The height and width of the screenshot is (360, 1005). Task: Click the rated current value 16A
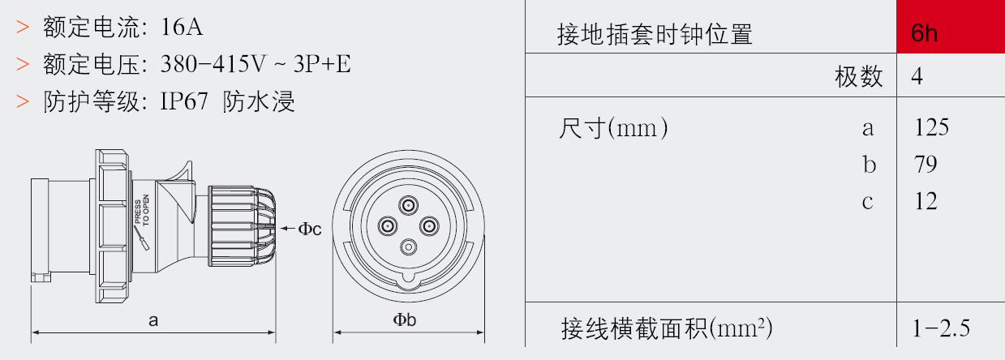pos(182,27)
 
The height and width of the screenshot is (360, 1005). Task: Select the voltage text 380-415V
pos(213,64)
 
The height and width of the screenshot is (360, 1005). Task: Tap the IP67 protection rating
pos(184,101)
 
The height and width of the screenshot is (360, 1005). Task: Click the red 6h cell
pos(951,27)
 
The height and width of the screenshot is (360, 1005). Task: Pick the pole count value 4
pos(917,76)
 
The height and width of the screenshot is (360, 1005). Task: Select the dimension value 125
pos(931,127)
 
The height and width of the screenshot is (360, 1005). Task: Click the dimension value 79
pos(926,164)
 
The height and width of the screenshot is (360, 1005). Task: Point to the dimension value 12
pos(926,201)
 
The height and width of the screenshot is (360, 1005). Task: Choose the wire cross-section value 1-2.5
pos(941,328)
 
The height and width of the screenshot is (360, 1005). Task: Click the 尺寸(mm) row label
pos(613,128)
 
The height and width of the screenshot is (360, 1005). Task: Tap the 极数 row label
pos(859,76)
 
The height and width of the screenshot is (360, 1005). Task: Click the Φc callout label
pos(310,229)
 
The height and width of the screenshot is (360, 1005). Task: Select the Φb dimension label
pos(405,319)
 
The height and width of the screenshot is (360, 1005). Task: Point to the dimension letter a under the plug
pos(153,320)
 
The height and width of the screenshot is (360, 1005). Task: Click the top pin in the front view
pos(408,206)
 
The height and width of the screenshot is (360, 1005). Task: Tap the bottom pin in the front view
pos(408,247)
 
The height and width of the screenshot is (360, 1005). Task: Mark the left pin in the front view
pos(388,226)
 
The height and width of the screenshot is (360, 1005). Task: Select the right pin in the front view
pos(429,226)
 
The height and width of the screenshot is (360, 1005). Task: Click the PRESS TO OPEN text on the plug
pos(142,209)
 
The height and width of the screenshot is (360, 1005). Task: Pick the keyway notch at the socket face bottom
pos(408,277)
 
